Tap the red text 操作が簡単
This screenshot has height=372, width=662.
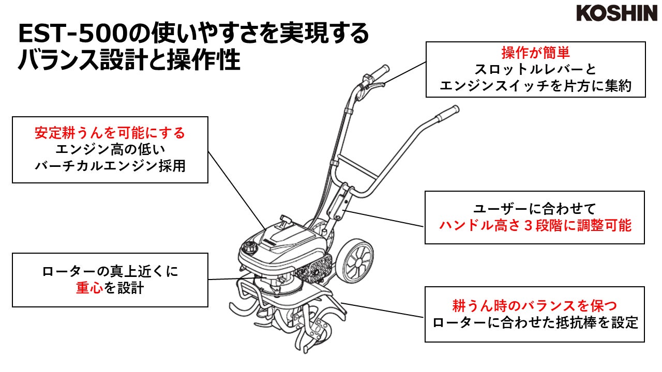(x=535, y=53)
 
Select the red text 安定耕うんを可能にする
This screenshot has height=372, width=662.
(x=110, y=133)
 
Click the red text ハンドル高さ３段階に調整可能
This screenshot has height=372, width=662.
(x=535, y=226)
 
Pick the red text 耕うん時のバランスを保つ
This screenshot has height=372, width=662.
(x=535, y=305)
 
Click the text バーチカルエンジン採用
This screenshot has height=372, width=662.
(x=110, y=167)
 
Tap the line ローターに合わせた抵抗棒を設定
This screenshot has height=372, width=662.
(x=535, y=323)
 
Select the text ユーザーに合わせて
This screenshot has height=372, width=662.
(x=535, y=209)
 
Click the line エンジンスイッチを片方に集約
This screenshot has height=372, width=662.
(x=535, y=86)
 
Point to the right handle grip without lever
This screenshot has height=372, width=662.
(x=447, y=112)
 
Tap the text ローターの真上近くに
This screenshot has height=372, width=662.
(x=110, y=271)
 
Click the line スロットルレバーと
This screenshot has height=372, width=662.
(x=535, y=69)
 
